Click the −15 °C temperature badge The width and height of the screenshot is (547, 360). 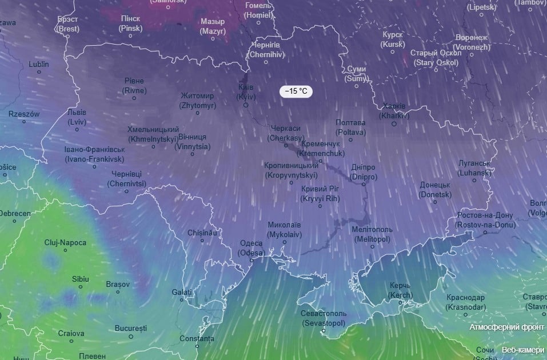[x=296, y=91]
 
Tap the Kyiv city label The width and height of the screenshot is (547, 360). [x=246, y=92]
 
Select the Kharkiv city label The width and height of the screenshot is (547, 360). [x=394, y=111]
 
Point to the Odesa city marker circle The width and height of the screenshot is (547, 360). [x=251, y=261]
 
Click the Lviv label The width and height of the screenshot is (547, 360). [x=77, y=117]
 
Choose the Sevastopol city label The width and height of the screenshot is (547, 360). [x=324, y=318]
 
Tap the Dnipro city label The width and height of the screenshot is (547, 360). [x=363, y=172]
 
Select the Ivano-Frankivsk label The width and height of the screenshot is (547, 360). [x=94, y=154]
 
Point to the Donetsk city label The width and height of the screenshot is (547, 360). [x=435, y=190]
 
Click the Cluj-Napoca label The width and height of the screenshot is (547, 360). [x=65, y=242]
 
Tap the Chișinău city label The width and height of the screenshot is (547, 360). [x=202, y=233]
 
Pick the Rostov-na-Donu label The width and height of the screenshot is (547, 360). [x=485, y=220]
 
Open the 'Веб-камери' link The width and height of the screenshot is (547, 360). [x=523, y=349]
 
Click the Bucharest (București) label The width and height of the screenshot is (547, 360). [x=130, y=329]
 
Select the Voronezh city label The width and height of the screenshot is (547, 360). [x=472, y=42]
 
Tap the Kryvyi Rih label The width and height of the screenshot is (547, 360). [x=320, y=194]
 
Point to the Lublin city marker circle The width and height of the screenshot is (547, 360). [x=39, y=73]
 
